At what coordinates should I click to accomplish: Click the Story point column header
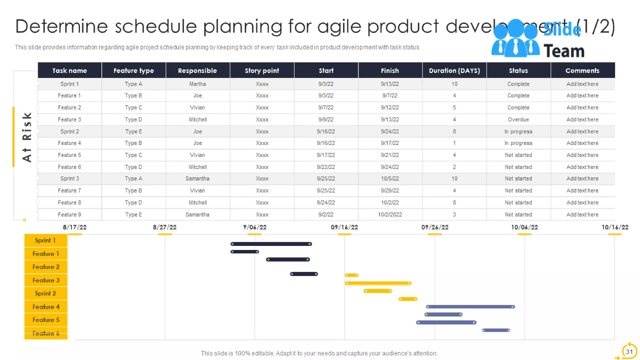pos(262,71)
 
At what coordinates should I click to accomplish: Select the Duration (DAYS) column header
pos(454,71)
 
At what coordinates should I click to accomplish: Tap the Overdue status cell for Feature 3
pos(518,119)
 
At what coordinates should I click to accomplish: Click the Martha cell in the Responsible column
pos(197,84)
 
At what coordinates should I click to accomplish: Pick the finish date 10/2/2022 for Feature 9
pos(390,214)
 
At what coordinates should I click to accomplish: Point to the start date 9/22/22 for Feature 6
pos(326,167)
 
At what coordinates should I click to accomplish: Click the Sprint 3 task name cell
pos(69,178)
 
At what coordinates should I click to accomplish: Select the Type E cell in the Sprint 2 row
pos(133,131)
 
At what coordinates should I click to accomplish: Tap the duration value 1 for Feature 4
pos(454,143)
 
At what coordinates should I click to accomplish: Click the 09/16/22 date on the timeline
pos(344,227)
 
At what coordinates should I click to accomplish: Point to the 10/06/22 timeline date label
pos(524,227)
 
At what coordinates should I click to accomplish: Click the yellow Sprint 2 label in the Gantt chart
pos(46,293)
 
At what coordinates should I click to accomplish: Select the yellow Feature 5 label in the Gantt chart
pos(46,320)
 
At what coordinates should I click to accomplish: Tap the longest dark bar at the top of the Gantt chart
pos(271,244)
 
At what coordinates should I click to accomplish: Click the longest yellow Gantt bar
pos(378,283)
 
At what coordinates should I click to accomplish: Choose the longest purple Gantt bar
pos(470,307)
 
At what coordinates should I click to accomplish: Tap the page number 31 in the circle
pos(629,352)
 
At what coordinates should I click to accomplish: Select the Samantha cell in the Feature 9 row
pos(197,214)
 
